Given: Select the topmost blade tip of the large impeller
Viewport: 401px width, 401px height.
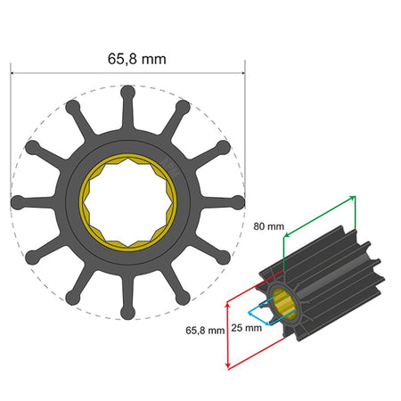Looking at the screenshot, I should [x=127, y=90].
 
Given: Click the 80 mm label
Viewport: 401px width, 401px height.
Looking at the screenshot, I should [x=269, y=226].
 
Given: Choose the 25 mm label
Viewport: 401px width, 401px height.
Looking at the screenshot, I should [x=246, y=328].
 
